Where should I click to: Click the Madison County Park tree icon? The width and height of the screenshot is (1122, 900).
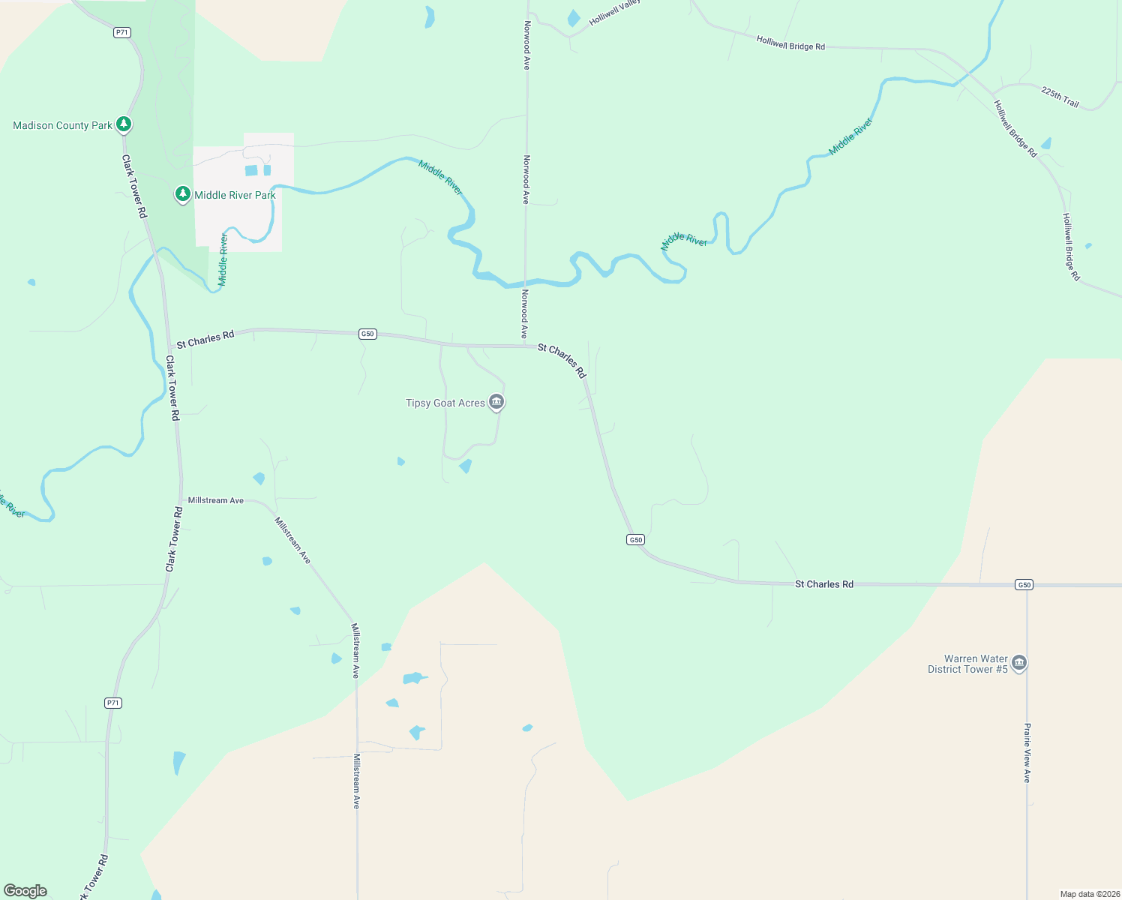[x=124, y=124]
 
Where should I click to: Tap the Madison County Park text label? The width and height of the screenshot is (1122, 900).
[x=62, y=125]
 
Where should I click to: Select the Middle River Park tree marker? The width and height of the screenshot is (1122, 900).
[x=182, y=194]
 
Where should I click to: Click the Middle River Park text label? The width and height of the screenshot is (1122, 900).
[x=235, y=195]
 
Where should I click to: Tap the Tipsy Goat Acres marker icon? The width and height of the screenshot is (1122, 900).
[x=496, y=402]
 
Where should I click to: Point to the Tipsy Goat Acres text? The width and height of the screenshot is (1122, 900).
[x=445, y=403]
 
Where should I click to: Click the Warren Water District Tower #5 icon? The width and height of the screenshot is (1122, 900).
[x=1018, y=663]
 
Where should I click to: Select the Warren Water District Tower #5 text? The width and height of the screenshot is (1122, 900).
[x=968, y=664]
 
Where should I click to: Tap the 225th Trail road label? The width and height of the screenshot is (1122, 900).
[x=1060, y=97]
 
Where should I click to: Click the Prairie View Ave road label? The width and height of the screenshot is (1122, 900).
[x=1027, y=753]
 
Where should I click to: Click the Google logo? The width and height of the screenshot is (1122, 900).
[x=25, y=891]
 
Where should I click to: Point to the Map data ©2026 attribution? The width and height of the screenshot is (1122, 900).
[x=1090, y=894]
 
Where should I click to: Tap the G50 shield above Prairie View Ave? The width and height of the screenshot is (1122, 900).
[x=1024, y=584]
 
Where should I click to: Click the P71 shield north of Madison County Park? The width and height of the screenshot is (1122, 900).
[x=122, y=32]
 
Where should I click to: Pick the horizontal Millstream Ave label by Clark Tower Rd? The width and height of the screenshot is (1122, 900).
[x=216, y=500]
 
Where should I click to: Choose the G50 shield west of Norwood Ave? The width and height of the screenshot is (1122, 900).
[x=367, y=334]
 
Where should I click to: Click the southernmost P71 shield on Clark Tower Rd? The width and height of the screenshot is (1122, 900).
[x=112, y=703]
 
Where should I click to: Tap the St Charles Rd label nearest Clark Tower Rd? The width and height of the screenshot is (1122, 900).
[x=205, y=339]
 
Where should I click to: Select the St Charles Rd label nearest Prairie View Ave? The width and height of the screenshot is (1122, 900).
[x=823, y=583]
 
